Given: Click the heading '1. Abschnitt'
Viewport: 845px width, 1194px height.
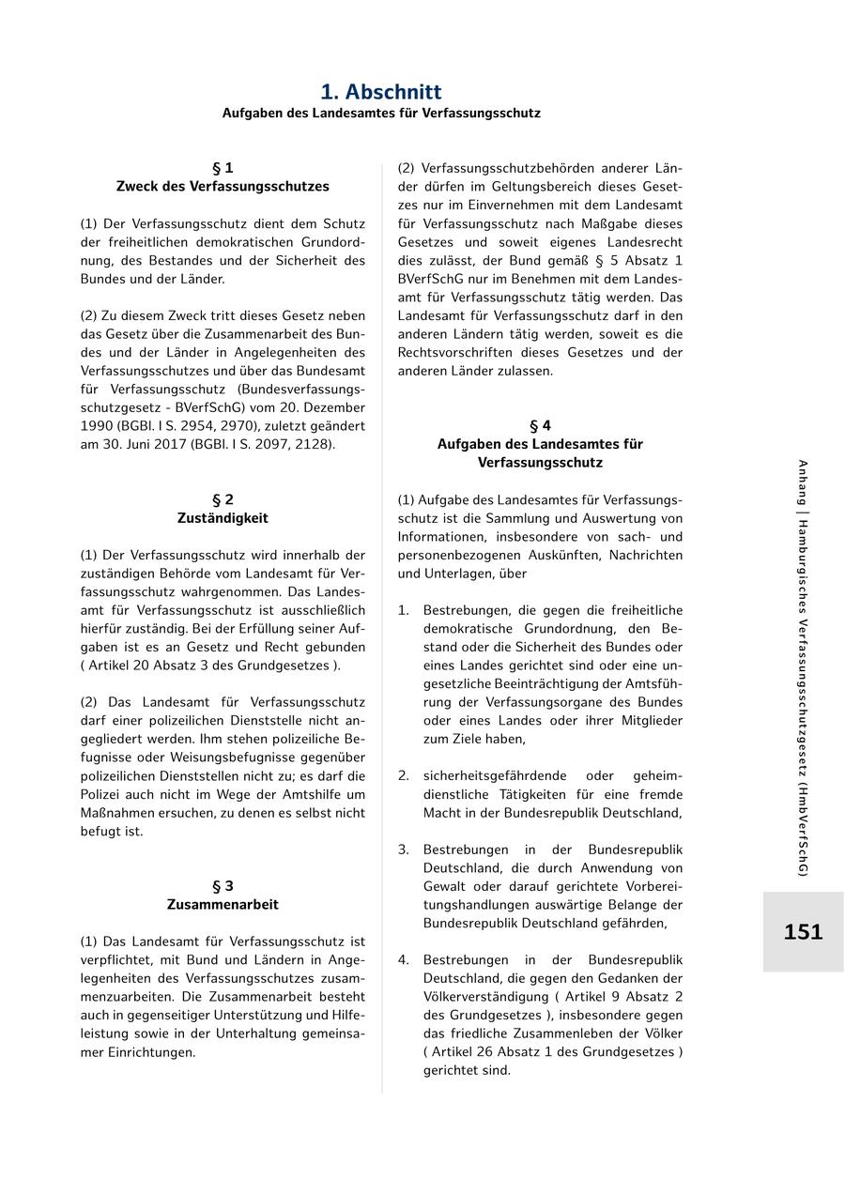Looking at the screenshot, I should (381, 92).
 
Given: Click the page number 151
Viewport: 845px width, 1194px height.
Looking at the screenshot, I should (803, 932).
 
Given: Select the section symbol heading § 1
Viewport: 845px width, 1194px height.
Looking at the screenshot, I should (223, 168).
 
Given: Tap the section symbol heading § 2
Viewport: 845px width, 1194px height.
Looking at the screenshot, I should (223, 499).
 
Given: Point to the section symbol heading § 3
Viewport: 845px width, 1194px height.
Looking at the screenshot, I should (223, 886).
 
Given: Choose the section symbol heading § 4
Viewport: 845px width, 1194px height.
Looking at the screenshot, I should (540, 425).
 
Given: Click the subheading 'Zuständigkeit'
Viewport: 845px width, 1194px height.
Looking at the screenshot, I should (223, 518).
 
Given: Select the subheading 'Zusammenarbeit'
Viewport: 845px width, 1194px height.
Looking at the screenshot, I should (223, 905).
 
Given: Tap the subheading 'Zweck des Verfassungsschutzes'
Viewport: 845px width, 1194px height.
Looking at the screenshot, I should (223, 187).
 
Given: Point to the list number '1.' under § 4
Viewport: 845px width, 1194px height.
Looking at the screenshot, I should (403, 610).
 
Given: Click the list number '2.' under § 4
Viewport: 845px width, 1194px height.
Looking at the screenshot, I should (403, 776).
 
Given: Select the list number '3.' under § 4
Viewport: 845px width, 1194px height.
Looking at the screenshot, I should (403, 850).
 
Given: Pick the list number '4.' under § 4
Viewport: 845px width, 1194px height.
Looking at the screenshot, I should (403, 960).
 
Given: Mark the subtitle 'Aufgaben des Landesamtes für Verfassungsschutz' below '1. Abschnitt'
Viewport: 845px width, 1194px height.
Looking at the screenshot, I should (381, 113).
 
